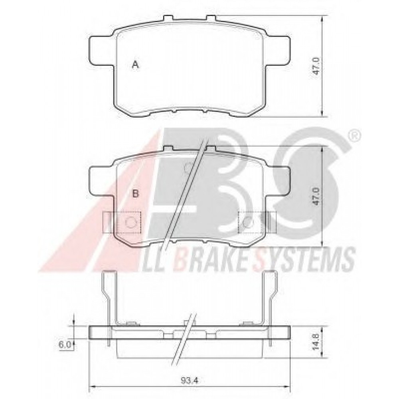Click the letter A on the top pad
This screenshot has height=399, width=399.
pyautogui.click(x=136, y=65)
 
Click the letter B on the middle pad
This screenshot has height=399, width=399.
pyautogui.click(x=136, y=194)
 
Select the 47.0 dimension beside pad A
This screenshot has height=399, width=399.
pyautogui.click(x=316, y=66)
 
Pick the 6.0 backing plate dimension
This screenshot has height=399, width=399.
pyautogui.click(x=65, y=345)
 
